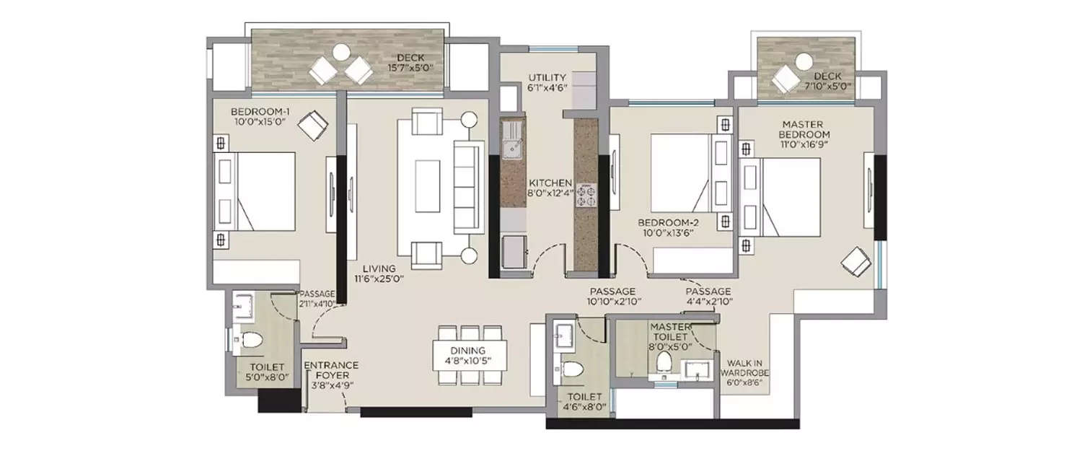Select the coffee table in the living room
tap(428, 186)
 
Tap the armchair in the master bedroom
tap(856, 261)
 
